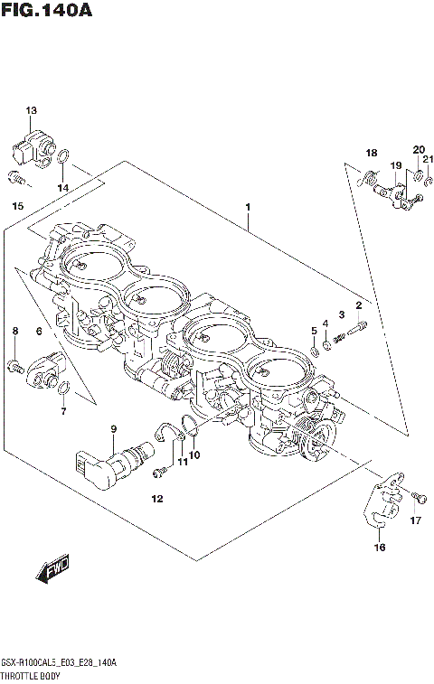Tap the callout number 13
click(31, 110)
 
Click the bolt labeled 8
click(15, 365)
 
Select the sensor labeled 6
click(46, 369)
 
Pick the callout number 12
click(156, 499)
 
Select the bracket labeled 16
click(384, 505)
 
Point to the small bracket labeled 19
click(397, 194)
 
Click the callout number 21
click(429, 159)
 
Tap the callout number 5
click(313, 330)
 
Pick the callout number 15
click(17, 207)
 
